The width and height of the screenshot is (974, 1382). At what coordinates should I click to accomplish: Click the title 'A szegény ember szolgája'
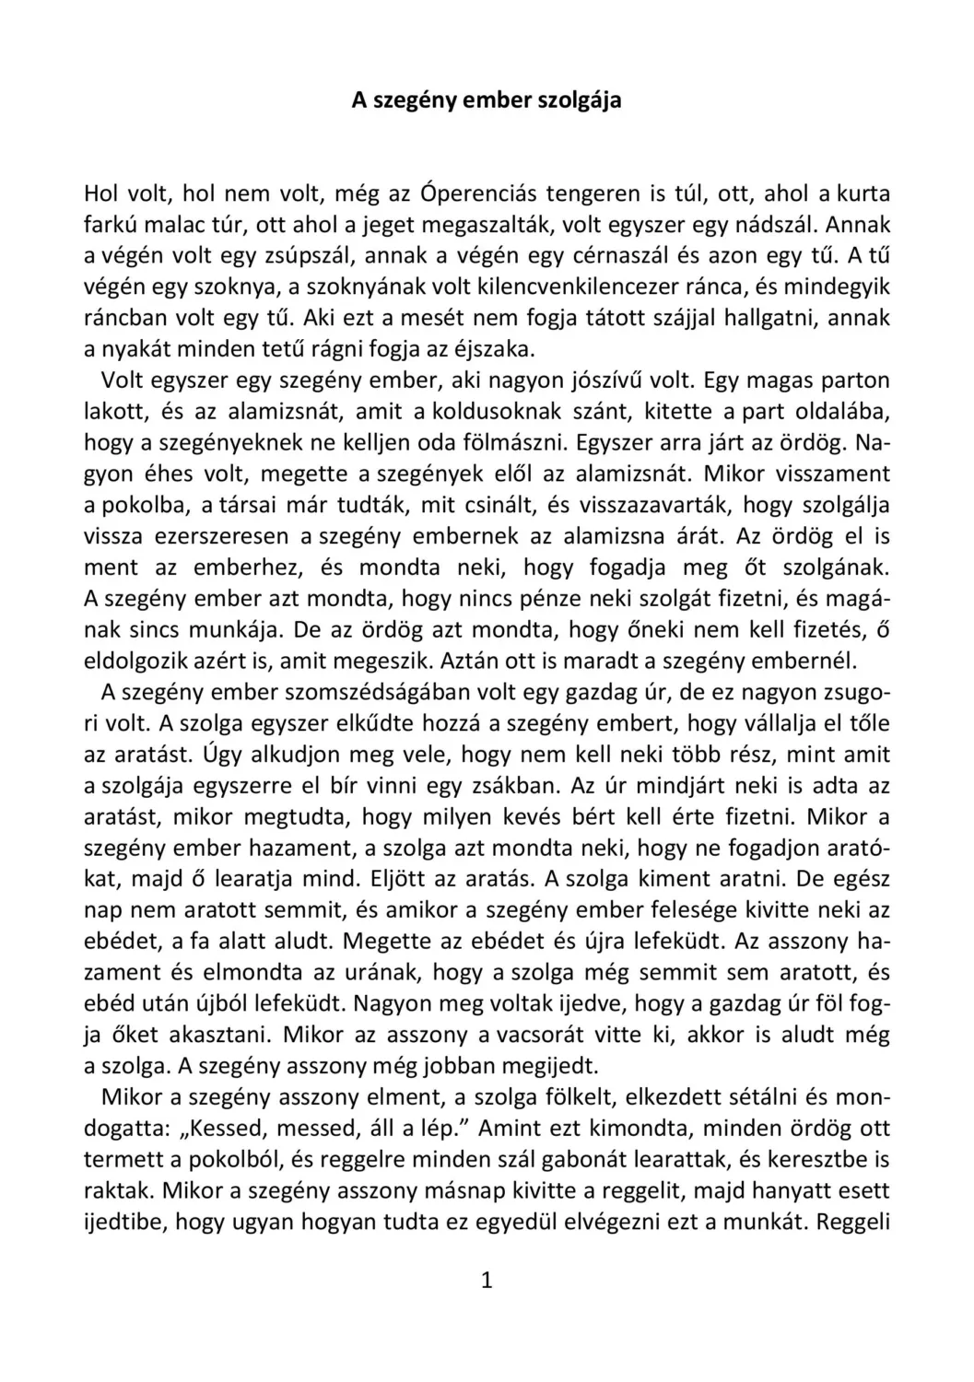pos(487,100)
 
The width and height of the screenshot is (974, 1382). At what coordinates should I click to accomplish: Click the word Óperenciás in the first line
pos(477,193)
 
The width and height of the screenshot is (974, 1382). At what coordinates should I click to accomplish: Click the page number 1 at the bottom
pos(487,1281)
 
